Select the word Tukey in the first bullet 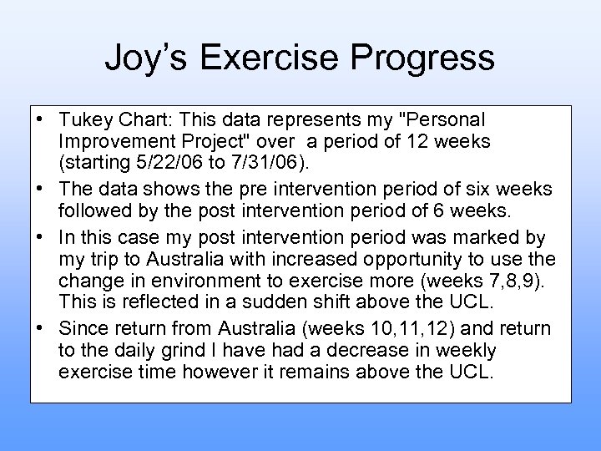[84, 120]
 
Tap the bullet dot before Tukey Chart [39, 120]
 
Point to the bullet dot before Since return [39, 328]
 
